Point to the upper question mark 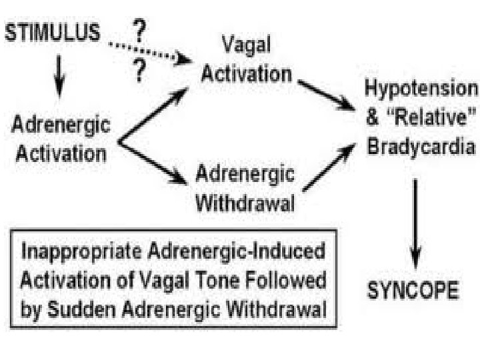coord(139,31)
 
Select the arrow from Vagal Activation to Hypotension coord(326,94)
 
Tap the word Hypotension coord(421,89)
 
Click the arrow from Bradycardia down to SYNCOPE coord(415,219)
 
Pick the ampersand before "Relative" coord(373,117)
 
